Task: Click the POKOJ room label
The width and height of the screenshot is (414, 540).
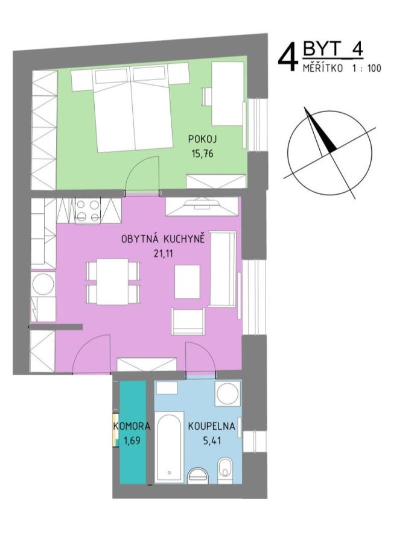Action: [203, 139]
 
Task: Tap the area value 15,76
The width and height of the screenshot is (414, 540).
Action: [203, 153]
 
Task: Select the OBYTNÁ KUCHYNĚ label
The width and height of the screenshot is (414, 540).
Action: [163, 239]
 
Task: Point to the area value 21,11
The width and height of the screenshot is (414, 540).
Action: [163, 254]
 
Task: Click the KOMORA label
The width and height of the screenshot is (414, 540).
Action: [132, 426]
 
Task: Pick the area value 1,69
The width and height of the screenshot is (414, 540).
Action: [132, 441]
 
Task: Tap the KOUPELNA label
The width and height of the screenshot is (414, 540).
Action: [211, 426]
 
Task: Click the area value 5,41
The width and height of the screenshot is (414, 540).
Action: [212, 441]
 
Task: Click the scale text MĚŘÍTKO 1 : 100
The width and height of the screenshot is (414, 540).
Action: [342, 68]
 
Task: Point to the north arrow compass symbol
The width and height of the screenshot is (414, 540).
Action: [330, 152]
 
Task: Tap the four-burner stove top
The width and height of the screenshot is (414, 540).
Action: [88, 210]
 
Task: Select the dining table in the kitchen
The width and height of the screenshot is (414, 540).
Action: [112, 281]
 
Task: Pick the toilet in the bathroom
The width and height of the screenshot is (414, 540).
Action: [226, 471]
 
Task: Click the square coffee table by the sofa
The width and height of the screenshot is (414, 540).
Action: [187, 281]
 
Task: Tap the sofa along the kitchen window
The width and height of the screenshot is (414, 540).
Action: [223, 269]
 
